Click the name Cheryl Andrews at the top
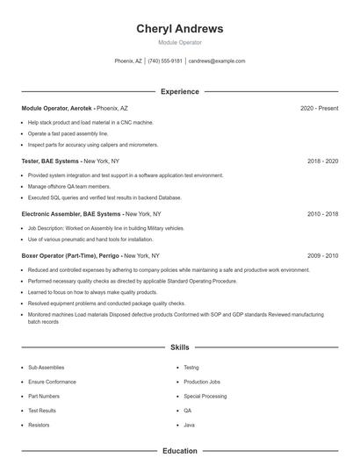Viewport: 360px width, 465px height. point(179,29)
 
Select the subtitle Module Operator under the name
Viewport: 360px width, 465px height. point(179,42)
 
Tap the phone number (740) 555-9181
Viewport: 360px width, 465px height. point(165,61)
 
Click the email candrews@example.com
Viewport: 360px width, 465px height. point(217,61)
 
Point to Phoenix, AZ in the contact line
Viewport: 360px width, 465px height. point(128,61)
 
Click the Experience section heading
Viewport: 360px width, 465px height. point(179,91)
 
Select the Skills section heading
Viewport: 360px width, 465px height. point(179,347)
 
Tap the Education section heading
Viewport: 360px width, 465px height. point(179,451)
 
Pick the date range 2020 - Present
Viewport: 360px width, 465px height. point(319,108)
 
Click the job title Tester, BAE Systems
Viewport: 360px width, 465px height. point(51,161)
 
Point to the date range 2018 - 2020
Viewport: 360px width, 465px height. point(322,161)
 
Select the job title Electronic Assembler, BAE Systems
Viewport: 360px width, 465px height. point(71,214)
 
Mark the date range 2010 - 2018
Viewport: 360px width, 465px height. point(322,214)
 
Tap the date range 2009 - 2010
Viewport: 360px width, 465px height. point(322,255)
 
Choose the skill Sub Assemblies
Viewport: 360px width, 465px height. point(46,368)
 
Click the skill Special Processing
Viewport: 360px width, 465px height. point(205,396)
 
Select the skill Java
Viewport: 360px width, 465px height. point(189,425)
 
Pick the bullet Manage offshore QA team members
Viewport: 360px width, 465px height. point(69,187)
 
